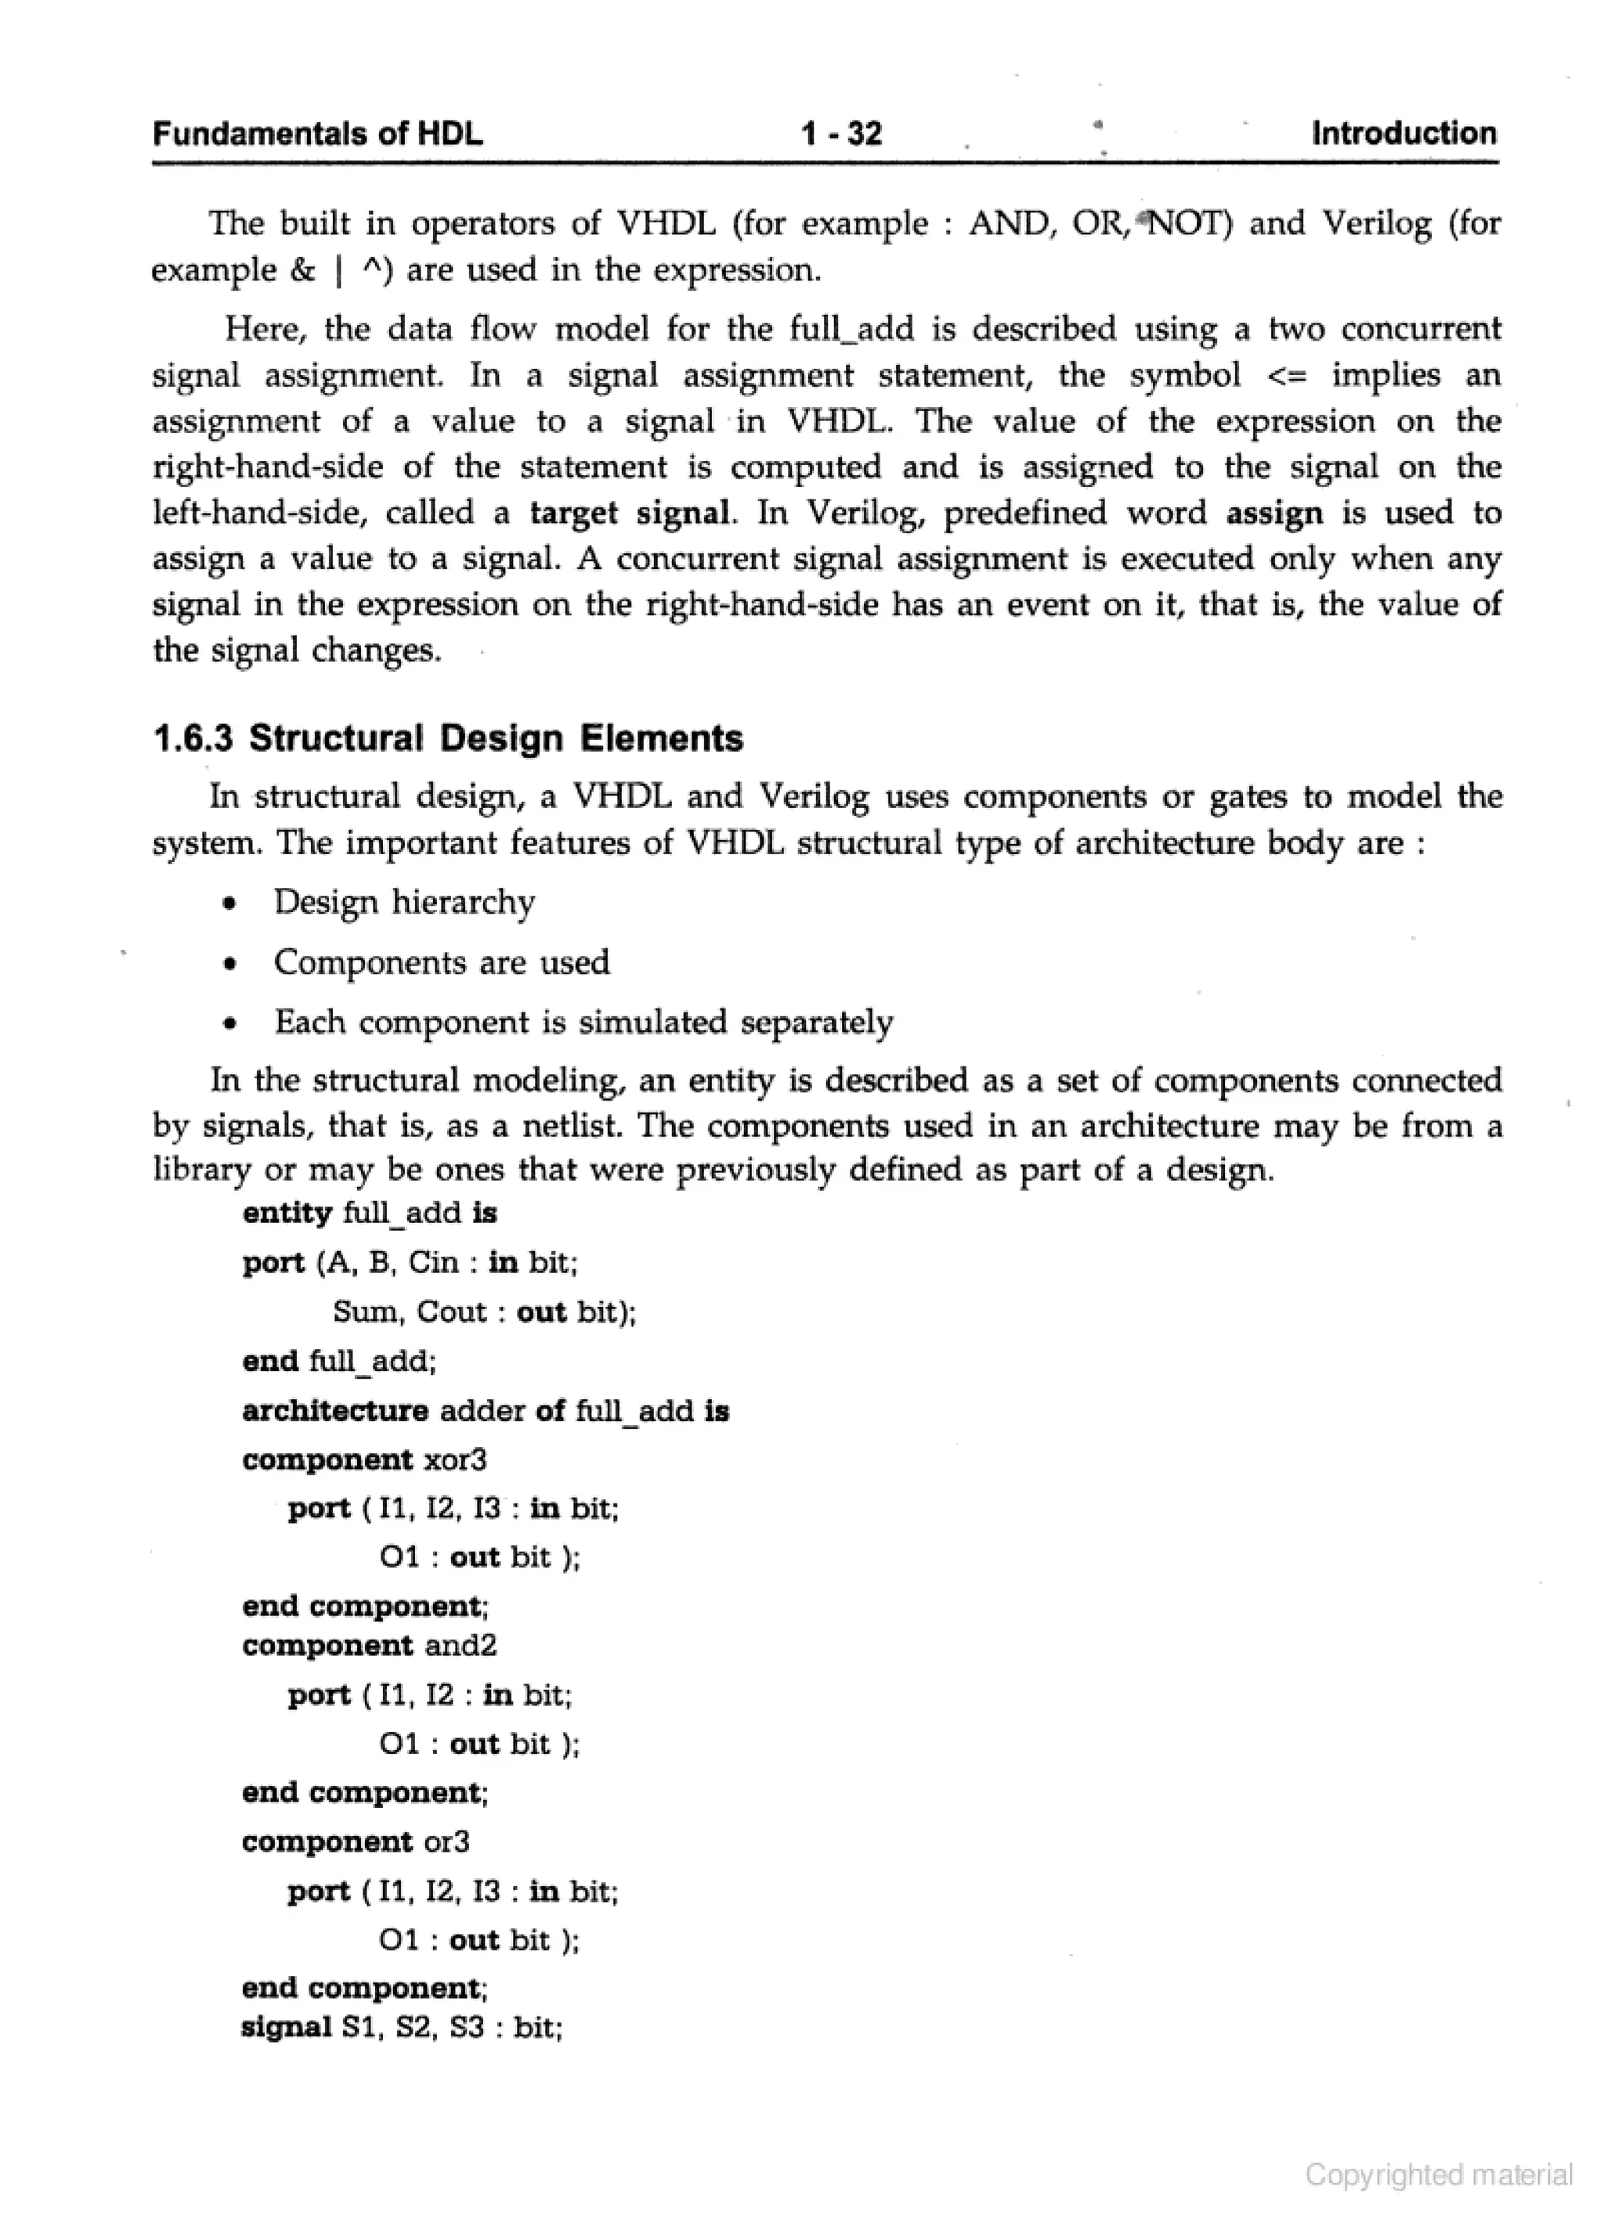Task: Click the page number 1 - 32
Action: tap(841, 133)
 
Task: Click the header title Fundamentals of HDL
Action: tap(317, 134)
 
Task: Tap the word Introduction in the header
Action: tap(1403, 133)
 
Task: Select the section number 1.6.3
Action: tap(194, 738)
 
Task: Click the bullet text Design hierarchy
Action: tap(403, 902)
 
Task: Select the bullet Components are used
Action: tap(441, 962)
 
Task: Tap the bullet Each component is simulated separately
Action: tap(583, 1022)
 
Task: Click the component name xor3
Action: tap(455, 1459)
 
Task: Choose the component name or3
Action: tap(446, 1842)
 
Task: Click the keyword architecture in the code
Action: tap(334, 1411)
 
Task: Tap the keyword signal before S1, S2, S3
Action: tap(286, 2027)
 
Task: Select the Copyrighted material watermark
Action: tap(1439, 2174)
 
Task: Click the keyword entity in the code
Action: tap(287, 1213)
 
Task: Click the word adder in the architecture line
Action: tap(482, 1411)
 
